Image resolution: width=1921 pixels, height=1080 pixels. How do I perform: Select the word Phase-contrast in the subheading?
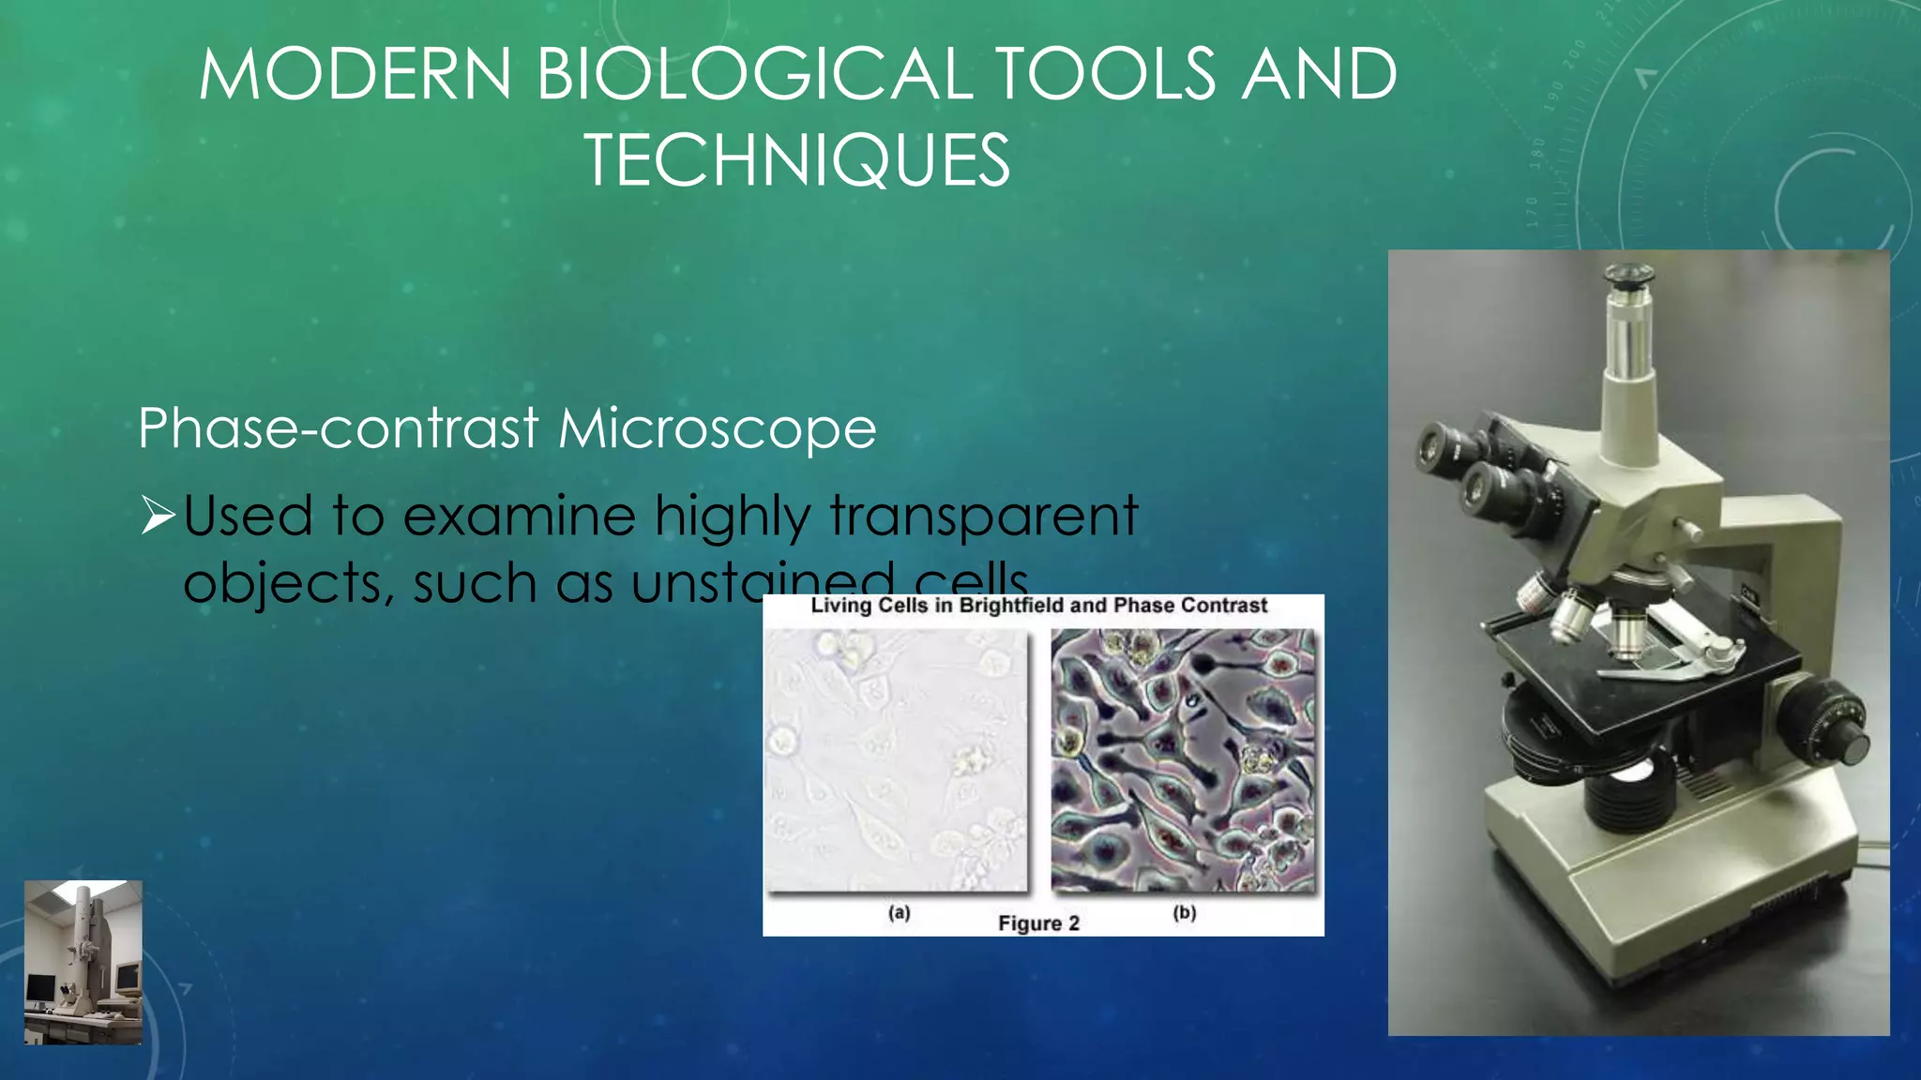point(339,428)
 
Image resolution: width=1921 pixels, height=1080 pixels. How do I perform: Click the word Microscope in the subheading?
point(718,428)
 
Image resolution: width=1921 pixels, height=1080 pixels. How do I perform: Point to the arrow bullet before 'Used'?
point(157,517)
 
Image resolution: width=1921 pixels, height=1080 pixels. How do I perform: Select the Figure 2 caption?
point(1038,923)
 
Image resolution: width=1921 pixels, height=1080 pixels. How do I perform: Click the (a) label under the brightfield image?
point(899,912)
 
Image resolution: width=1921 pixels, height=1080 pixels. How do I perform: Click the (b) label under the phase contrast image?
point(1184,912)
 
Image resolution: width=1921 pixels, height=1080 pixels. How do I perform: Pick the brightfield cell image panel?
point(896,759)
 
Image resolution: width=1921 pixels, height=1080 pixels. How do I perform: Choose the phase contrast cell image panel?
point(1183,759)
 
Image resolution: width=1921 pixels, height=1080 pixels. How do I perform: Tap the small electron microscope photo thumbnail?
point(83,962)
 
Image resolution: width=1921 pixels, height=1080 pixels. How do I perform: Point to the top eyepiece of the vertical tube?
point(1628,277)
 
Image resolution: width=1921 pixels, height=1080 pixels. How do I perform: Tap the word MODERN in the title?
point(355,75)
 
